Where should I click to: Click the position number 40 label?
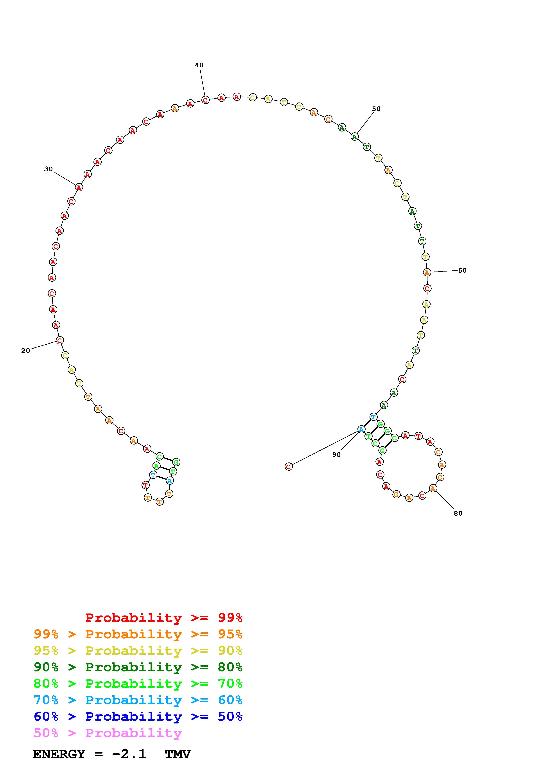coord(199,65)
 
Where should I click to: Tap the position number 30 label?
coord(48,169)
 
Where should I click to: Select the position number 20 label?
coord(25,351)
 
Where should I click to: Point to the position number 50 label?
coord(376,109)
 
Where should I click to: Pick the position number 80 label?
coord(458,513)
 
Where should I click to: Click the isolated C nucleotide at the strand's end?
coord(289,466)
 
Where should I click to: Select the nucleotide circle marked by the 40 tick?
coord(205,100)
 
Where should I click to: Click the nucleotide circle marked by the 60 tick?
coord(427,272)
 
